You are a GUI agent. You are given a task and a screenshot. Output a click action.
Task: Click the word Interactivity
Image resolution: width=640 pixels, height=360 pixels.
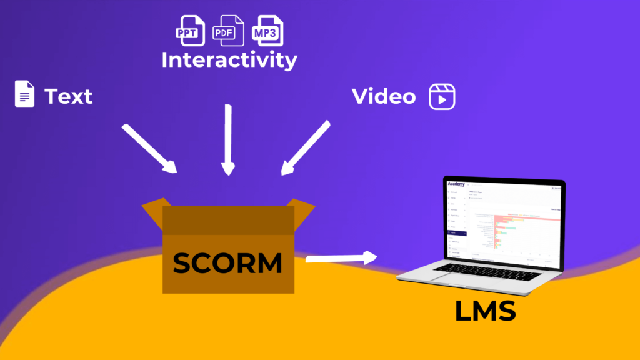click(x=229, y=61)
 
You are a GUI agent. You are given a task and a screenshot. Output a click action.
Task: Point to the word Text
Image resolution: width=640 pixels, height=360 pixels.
click(x=68, y=97)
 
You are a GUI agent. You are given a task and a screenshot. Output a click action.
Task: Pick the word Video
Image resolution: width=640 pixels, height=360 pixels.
click(x=383, y=97)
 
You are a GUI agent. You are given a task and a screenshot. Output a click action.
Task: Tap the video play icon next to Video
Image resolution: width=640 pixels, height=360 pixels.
click(x=441, y=97)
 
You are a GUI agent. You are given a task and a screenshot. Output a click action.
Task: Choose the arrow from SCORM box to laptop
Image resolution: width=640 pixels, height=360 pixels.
click(x=341, y=257)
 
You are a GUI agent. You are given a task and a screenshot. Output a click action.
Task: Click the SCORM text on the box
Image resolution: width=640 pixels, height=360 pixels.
click(x=227, y=264)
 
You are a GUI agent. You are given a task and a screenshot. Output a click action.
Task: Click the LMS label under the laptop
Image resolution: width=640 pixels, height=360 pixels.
click(x=486, y=311)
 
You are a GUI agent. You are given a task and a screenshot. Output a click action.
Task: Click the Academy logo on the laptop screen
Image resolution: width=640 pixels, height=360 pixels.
click(x=456, y=184)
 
